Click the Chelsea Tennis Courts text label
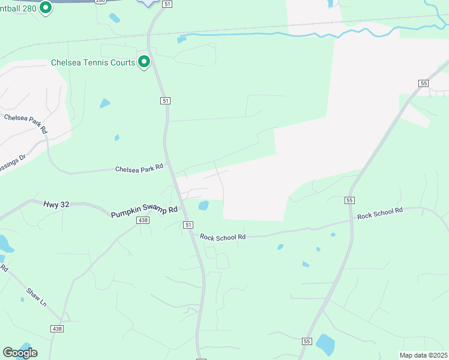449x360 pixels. click(x=92, y=62)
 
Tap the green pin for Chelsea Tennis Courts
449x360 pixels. click(x=144, y=62)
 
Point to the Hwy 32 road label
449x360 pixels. click(x=56, y=205)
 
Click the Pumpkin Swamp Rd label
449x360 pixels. click(x=144, y=212)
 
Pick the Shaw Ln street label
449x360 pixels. click(x=36, y=297)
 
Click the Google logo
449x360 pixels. click(x=20, y=353)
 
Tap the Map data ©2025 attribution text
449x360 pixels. click(x=423, y=355)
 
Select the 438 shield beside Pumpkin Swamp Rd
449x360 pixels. click(x=143, y=221)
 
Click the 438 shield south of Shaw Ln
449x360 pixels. click(x=56, y=328)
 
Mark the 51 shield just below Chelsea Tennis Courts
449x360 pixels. click(x=165, y=101)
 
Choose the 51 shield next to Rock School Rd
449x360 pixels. click(x=188, y=224)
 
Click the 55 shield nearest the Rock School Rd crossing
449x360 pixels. click(x=350, y=200)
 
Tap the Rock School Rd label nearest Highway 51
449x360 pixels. click(x=223, y=237)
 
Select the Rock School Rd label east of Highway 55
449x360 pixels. click(x=379, y=213)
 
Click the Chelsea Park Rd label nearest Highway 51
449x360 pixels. click(x=139, y=169)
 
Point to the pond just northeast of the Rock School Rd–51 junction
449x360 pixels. click(x=203, y=206)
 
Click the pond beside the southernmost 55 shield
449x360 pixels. click(x=325, y=344)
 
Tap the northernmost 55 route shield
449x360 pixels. click(x=424, y=83)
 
